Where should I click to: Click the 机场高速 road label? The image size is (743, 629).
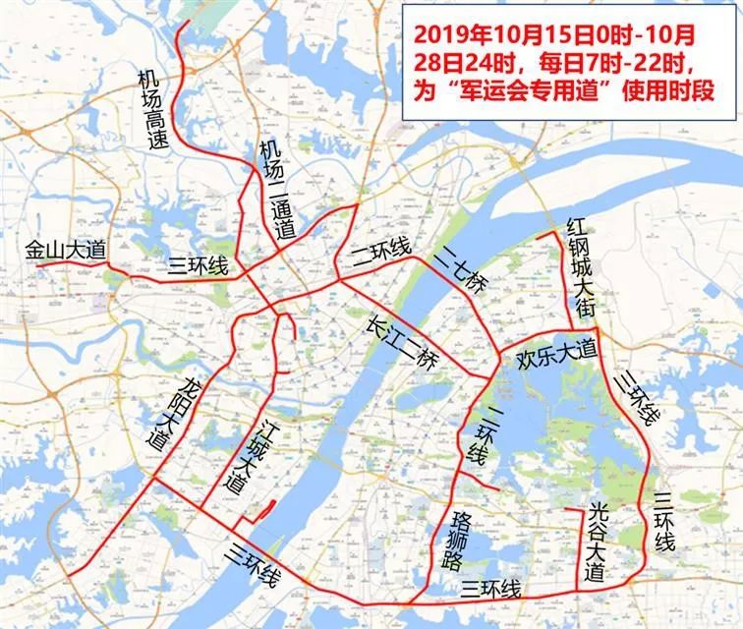(153, 108)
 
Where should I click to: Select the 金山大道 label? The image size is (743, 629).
(65, 251)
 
